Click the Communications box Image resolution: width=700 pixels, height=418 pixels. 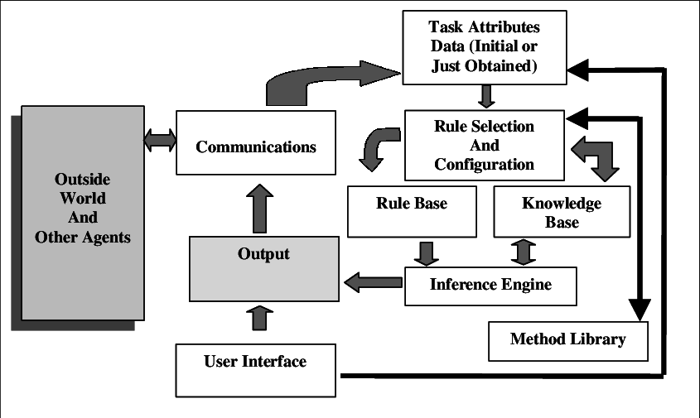(x=256, y=147)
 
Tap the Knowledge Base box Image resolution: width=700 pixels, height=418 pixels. (x=561, y=212)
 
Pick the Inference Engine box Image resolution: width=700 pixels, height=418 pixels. (x=490, y=285)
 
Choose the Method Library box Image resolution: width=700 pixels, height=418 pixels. (x=567, y=339)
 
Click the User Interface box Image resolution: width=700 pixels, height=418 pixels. (x=255, y=369)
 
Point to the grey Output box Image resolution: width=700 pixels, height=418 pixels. (x=263, y=267)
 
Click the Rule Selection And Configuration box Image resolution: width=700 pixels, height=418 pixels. (x=484, y=145)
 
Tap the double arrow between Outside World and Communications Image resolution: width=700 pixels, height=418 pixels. (x=159, y=139)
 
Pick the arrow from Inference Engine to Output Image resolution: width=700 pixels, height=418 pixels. (x=373, y=282)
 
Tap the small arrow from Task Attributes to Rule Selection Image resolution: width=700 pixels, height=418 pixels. (x=487, y=95)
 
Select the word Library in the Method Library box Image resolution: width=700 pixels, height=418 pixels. (x=598, y=339)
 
